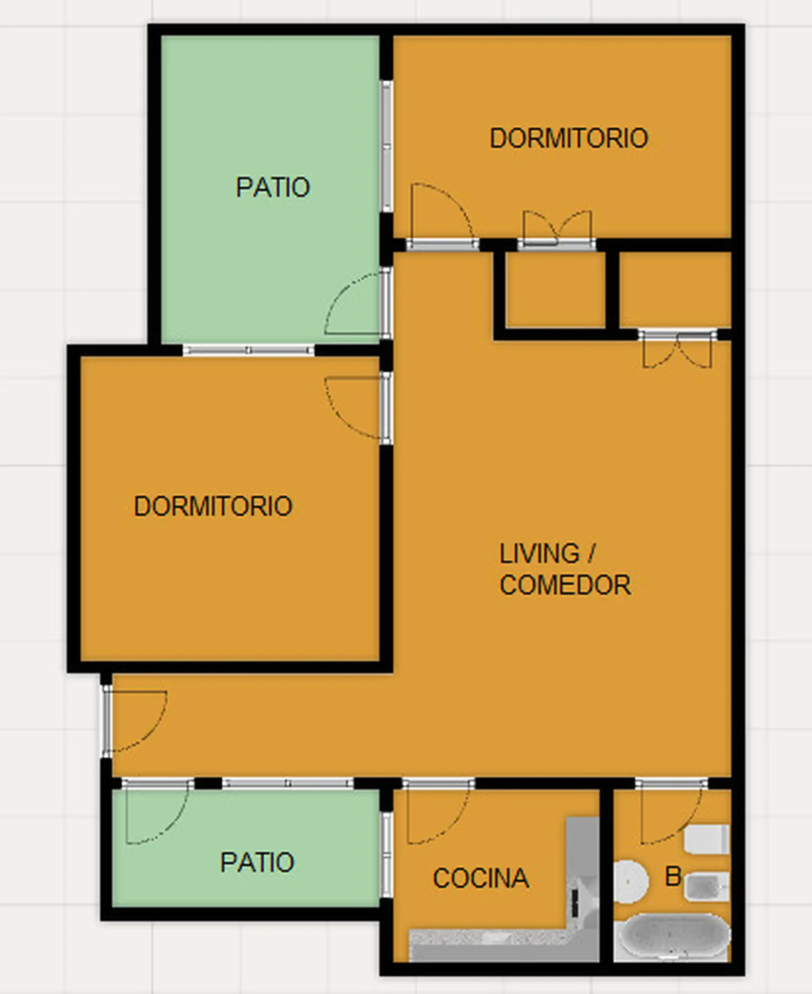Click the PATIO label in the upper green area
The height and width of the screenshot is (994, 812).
tap(273, 187)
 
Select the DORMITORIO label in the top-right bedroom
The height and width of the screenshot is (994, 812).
tap(569, 138)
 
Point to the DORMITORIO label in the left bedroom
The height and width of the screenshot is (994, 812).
tap(213, 506)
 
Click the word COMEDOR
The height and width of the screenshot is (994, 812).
tap(565, 585)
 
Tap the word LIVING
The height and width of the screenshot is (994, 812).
tap(540, 553)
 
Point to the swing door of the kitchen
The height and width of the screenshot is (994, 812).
tap(438, 814)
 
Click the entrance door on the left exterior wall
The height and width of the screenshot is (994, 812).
tap(136, 721)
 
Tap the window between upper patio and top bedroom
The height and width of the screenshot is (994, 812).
tap(387, 146)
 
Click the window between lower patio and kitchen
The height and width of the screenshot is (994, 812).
tap(387, 854)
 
